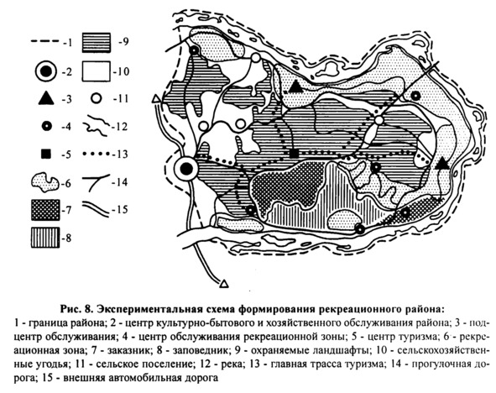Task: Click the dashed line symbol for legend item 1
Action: coord(45,41)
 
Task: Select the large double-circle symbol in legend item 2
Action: coord(46,72)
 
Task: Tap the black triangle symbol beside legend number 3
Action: coord(46,98)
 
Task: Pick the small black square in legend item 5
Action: coord(46,155)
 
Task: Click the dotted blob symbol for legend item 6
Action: coord(45,182)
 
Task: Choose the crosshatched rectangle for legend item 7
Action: coord(45,210)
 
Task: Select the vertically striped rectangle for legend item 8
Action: coord(45,238)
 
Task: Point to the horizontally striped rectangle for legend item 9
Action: coord(97,42)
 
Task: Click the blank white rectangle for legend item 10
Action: coord(97,71)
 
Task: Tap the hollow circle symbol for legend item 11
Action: coord(97,99)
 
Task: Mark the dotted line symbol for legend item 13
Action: coord(97,155)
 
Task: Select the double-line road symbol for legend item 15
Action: coord(96,209)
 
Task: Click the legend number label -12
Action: coord(120,127)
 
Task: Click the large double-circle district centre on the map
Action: coord(186,169)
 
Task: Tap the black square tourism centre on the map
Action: coord(295,154)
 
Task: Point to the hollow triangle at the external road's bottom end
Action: coord(224,283)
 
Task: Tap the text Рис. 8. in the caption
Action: coord(76,308)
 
